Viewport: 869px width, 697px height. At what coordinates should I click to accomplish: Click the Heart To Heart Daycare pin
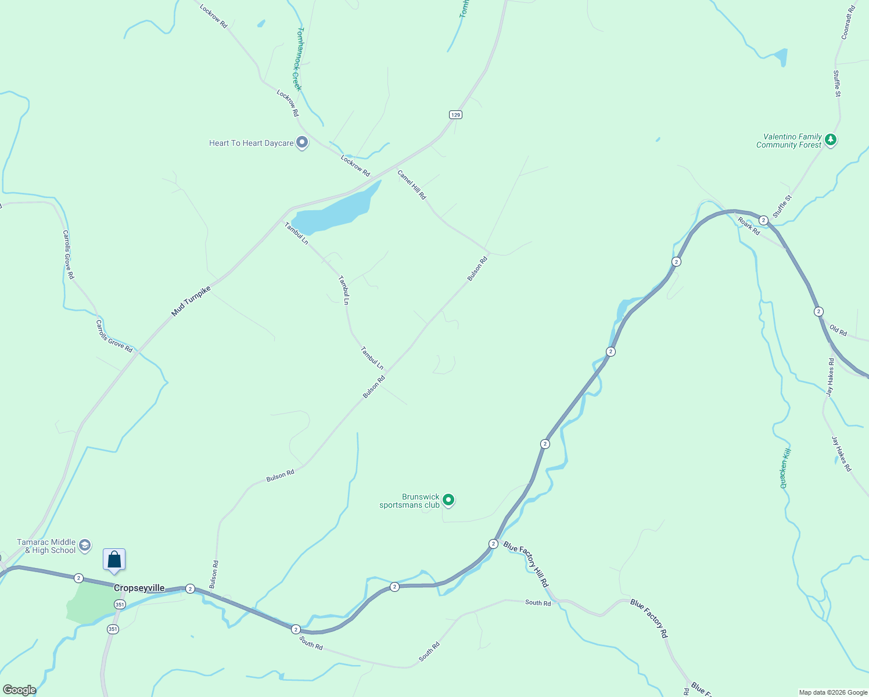pos(301,142)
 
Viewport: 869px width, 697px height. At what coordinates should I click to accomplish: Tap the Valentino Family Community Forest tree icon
pos(831,140)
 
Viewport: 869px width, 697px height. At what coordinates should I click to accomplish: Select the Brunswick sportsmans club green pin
pos(448,500)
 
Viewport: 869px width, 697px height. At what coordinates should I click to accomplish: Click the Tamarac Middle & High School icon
pos(85,545)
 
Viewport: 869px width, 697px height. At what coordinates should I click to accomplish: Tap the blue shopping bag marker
pos(114,560)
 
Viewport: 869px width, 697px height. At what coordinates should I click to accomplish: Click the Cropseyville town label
pos(139,588)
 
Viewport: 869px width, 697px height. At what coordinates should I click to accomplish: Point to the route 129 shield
pos(455,115)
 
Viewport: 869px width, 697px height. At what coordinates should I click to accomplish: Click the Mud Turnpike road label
pos(191,301)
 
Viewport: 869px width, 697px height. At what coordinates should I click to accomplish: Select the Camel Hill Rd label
pos(412,184)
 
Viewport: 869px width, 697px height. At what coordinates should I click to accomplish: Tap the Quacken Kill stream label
pos(785,468)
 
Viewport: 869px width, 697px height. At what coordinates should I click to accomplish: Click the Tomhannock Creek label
pos(297,59)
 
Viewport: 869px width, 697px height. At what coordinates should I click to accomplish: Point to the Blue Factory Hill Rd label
pos(526,563)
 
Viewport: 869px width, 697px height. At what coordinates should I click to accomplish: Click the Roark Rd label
pos(749,225)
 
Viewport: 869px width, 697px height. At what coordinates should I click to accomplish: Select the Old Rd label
pos(838,330)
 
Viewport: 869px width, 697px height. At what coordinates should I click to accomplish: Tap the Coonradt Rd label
pos(849,22)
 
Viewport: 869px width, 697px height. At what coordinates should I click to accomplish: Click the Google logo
pos(19,690)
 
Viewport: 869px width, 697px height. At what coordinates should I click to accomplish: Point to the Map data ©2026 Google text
pos(833,692)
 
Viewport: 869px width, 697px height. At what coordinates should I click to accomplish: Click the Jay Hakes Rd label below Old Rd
pos(842,454)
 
